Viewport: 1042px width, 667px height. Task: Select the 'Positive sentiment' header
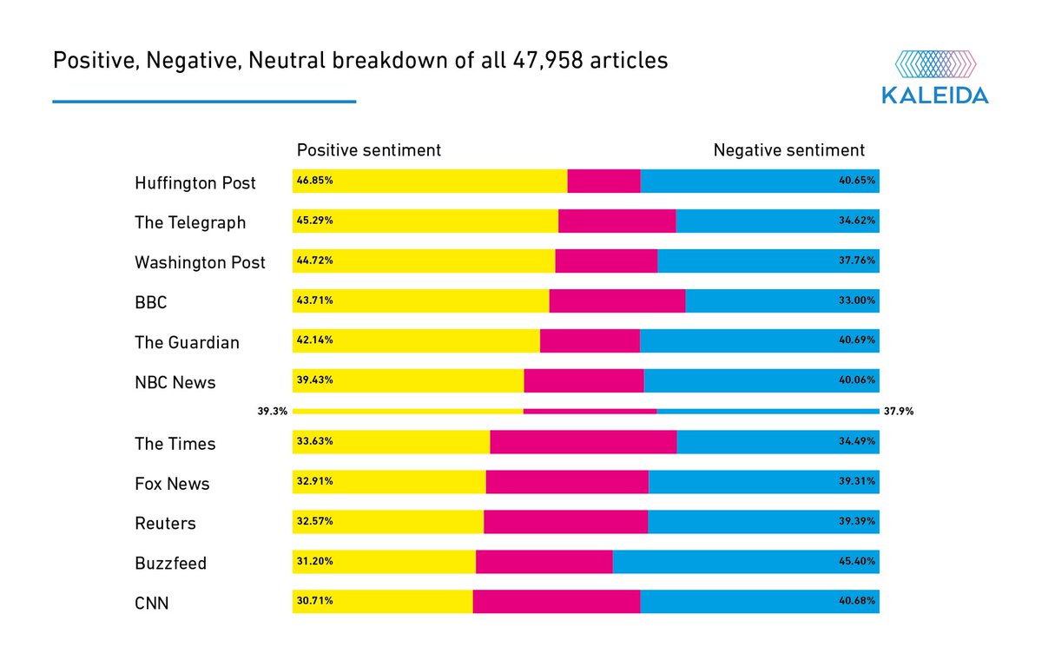pos(369,150)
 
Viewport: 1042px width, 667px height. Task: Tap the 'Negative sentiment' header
pos(788,150)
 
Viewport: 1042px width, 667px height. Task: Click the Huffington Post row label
pos(195,183)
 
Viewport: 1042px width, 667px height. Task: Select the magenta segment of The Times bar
pos(583,442)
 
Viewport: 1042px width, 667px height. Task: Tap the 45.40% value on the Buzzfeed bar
pos(857,562)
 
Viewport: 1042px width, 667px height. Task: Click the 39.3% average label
pos(272,412)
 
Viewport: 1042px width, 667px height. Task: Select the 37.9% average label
pos(899,412)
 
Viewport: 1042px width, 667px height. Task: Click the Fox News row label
pos(172,484)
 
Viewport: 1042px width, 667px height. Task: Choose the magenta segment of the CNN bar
pos(556,602)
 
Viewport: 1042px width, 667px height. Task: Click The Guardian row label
pos(187,342)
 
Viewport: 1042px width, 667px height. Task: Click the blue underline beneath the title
pos(204,102)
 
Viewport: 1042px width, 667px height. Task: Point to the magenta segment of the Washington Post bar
pos(605,261)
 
